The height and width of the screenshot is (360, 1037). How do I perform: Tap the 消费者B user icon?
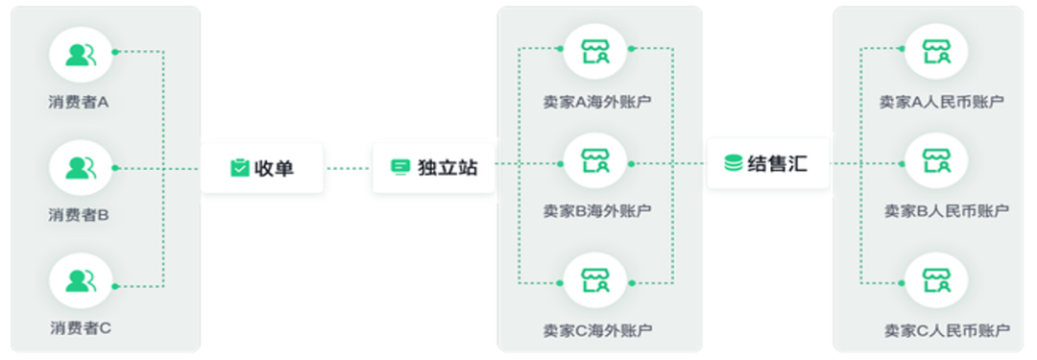point(81,168)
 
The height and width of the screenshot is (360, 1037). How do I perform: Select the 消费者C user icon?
point(81,281)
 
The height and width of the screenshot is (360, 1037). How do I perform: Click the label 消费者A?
point(81,101)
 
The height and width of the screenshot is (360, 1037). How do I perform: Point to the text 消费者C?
point(81,327)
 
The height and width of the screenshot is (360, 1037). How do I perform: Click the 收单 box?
point(262,168)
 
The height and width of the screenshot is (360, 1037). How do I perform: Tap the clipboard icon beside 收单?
point(239,168)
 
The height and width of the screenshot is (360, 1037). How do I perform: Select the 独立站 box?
point(434,168)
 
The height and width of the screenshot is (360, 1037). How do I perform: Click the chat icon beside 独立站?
point(400,168)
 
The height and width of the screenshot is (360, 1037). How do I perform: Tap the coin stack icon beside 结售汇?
point(733,164)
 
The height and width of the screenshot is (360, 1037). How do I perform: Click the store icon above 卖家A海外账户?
point(596,52)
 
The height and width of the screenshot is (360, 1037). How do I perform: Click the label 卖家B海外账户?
point(596,209)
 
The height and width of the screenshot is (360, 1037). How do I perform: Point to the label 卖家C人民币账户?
point(947,331)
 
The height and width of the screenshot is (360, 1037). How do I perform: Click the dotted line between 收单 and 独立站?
point(348,168)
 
